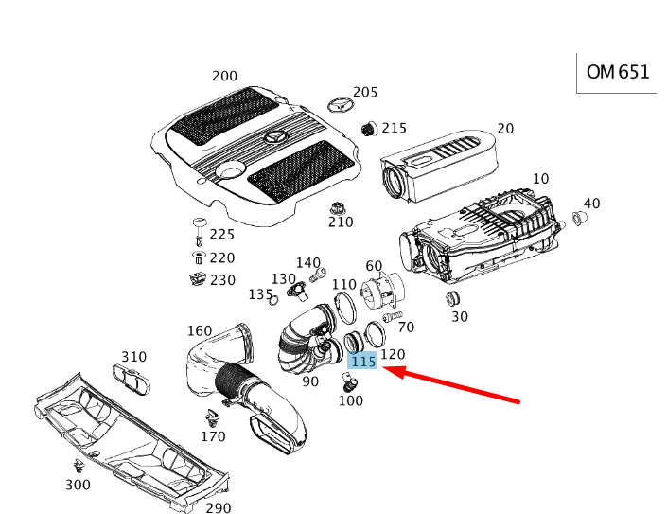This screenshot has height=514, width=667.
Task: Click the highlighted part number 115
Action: (363, 362)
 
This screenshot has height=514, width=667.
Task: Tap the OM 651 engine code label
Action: (618, 72)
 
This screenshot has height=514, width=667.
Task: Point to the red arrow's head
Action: (390, 373)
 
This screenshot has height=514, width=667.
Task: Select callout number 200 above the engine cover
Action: (224, 76)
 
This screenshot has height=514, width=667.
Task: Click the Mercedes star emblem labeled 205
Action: (338, 104)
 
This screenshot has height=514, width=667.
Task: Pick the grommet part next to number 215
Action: (369, 129)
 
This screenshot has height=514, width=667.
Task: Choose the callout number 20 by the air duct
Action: (505, 129)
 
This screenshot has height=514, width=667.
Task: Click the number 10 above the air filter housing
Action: (540, 179)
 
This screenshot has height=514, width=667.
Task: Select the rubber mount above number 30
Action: (452, 300)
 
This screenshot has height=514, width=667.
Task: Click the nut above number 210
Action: (336, 207)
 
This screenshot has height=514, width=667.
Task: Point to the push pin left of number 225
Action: (199, 228)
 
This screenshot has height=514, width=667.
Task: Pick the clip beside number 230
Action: (197, 279)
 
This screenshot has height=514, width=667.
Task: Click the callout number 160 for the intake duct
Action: (200, 330)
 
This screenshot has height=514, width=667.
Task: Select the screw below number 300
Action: (77, 467)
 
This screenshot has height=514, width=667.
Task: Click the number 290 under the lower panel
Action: (219, 508)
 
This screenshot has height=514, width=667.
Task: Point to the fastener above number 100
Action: (348, 382)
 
